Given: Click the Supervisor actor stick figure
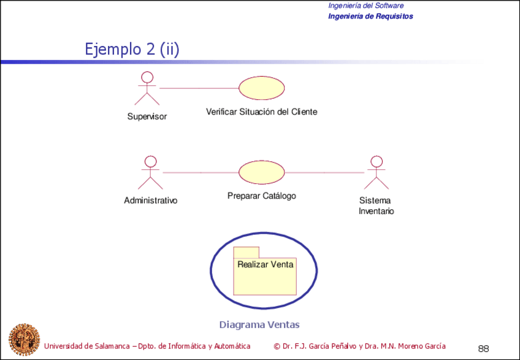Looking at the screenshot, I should pos(147,89).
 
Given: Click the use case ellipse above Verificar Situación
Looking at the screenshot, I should pos(261,88).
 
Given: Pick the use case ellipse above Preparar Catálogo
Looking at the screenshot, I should pos(261,172).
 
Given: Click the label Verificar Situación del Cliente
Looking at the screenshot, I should pos(262,112).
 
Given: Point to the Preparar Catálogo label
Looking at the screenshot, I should pos(261,196).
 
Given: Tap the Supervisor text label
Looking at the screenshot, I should pos(147,117).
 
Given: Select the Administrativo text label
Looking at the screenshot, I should pos(150,201).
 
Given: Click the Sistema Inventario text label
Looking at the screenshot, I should pos(376,205).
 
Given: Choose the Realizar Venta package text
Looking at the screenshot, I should pos(265,264).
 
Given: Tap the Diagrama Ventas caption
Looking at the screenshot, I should pos(259,324).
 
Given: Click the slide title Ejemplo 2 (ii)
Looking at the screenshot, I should pos(132,49).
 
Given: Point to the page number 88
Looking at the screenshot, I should pos(483,348).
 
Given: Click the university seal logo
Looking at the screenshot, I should pos(23,339).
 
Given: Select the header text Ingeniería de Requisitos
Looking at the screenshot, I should pos(370,16).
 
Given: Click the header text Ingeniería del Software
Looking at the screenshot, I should pos(365,6).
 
